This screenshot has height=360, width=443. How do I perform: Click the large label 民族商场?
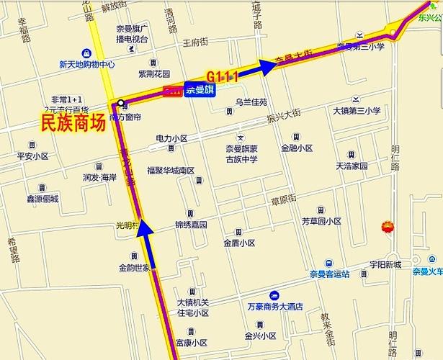pos(73,124)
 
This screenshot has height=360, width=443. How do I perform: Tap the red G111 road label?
pos(221,76)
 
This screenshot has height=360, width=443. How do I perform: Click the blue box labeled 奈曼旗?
pos(198,91)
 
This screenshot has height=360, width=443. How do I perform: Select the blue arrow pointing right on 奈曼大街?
pos(267,67)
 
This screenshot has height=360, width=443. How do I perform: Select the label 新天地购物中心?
pos(86,63)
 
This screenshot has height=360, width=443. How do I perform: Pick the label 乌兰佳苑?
pos(251,102)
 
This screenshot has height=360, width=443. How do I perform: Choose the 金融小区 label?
pos(297,148)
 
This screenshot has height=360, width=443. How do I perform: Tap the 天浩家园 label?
pos(352,166)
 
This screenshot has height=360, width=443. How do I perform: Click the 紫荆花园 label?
pos(154,74)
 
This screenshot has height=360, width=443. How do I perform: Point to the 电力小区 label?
pos(171,138)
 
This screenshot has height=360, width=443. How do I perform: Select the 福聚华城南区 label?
pos(171,171)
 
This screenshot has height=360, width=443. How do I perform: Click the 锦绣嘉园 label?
pos(191,225)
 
